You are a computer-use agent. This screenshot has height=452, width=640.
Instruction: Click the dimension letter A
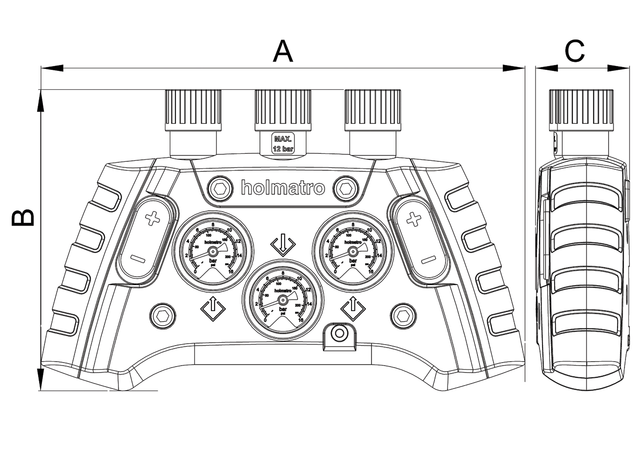pyautogui.click(x=282, y=51)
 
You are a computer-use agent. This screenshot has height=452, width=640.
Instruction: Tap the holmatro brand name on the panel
pyautogui.click(x=283, y=188)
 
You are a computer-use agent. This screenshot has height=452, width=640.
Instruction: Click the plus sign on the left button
pyautogui.click(x=152, y=218)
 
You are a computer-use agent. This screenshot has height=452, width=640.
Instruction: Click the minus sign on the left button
pyautogui.click(x=137, y=259)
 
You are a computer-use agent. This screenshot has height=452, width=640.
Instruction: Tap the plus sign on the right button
pyautogui.click(x=413, y=218)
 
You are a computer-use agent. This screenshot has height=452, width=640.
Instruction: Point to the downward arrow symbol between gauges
pyautogui.click(x=283, y=245)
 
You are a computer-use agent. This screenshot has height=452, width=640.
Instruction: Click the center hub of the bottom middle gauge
pyautogui.click(x=283, y=300)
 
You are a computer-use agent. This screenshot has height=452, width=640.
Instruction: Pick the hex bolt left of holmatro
pyautogui.click(x=219, y=188)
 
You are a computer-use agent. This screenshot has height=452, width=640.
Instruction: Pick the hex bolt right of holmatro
pyautogui.click(x=345, y=188)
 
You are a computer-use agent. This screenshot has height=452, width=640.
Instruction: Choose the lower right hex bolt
pyautogui.click(x=403, y=315)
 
